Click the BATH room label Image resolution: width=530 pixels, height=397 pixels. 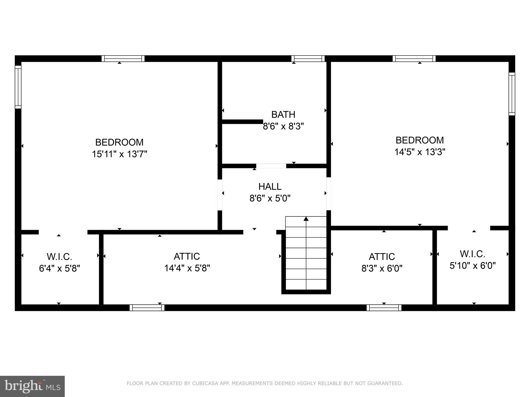(283, 114)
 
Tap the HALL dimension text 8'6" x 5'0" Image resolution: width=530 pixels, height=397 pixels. (270, 198)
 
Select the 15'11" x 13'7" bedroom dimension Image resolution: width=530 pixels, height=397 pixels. (119, 154)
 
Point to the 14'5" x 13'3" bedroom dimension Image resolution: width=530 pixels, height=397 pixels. (419, 152)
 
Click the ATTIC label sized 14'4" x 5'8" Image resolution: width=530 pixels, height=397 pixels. (187, 256)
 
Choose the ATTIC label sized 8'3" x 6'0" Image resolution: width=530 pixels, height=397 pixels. (382, 257)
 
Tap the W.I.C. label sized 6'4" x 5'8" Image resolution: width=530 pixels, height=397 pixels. (59, 257)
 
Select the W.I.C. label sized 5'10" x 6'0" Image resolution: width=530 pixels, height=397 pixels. (472, 254)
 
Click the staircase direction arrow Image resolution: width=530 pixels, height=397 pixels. (306, 219)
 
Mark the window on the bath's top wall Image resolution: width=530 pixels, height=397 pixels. (308, 59)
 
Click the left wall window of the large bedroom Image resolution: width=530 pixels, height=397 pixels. (18, 87)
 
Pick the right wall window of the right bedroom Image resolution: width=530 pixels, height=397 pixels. (512, 94)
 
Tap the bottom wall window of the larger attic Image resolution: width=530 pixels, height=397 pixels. (147, 308)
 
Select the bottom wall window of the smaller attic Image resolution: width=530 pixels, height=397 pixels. (384, 308)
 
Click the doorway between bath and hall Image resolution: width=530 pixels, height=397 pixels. (271, 166)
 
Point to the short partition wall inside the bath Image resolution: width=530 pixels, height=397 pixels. (242, 122)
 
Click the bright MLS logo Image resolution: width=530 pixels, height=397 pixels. (32, 386)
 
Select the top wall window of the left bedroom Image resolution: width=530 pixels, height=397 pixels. (123, 59)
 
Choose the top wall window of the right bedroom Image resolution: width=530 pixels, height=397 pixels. (414, 59)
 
